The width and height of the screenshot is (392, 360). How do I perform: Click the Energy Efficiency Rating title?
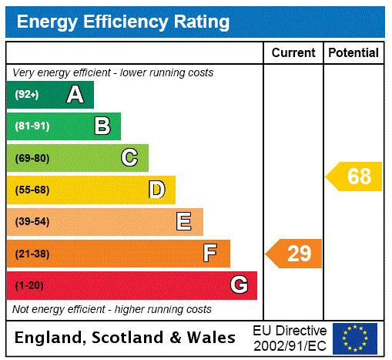pos(123,22)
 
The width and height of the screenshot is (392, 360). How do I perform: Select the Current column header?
pos(293,53)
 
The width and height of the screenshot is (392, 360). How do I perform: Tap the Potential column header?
pos(353,53)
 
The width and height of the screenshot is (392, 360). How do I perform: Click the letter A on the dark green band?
pos(75,95)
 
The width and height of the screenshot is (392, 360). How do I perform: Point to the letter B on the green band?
pos(102,126)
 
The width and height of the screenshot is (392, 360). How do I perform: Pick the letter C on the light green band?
pos(129,158)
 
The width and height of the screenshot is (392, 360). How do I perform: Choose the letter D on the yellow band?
pos(156,190)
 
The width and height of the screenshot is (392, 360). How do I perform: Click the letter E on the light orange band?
pos(184,222)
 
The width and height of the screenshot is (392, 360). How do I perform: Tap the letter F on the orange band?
pos(210,254)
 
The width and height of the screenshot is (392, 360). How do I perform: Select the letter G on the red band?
pos(239,285)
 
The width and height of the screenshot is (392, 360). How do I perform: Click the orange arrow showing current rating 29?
pos(295,254)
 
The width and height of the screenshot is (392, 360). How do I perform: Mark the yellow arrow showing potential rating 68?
pos(355,177)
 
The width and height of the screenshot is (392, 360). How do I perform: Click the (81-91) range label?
pos(32,126)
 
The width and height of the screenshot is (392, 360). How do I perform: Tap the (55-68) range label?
pos(32,190)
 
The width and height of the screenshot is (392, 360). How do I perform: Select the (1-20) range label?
pos(29,286)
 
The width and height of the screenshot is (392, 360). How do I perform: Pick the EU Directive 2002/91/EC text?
pos(290,338)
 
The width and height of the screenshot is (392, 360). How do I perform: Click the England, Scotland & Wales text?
pos(126,338)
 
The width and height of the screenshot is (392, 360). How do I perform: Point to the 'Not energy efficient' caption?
pos(112,309)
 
